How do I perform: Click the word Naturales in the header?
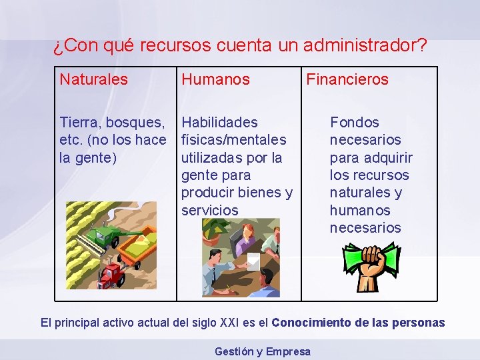click(x=93, y=79)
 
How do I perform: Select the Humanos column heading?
click(x=215, y=79)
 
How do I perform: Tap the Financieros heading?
click(x=347, y=79)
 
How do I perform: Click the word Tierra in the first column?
click(x=79, y=123)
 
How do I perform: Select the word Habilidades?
click(x=219, y=123)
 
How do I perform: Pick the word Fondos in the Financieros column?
click(x=355, y=123)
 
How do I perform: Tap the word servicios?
click(x=209, y=210)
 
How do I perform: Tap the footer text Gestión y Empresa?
click(x=263, y=351)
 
